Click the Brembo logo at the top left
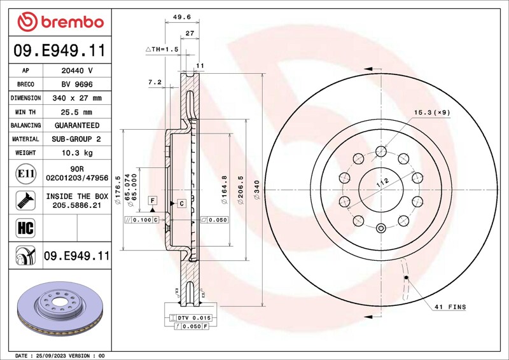coord(60,22)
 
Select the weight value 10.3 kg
coord(77,153)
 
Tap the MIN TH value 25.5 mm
coord(76,112)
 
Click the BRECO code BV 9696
coord(77,85)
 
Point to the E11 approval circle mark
coord(25,174)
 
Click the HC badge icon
coord(25,228)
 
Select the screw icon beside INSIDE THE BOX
coord(25,200)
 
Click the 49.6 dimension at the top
coord(182,17)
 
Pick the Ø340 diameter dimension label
coord(257,190)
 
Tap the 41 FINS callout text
coord(450,307)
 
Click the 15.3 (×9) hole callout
coord(432,113)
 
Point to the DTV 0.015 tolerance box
coord(190,318)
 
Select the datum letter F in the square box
coord(153,200)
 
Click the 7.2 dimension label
coord(155,83)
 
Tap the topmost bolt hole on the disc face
coord(380,151)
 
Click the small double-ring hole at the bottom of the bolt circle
coord(380,228)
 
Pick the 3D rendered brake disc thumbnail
coord(60,308)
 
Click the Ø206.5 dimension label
coord(241,190)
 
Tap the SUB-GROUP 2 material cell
coord(76,139)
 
